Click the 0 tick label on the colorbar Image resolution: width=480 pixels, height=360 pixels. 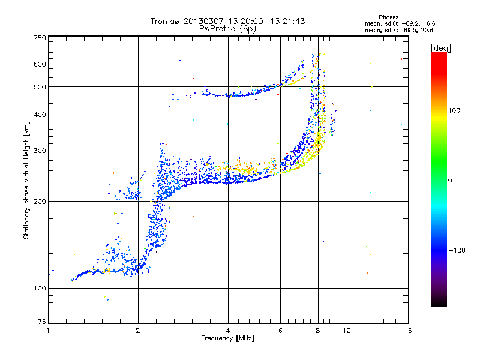coord(451,180)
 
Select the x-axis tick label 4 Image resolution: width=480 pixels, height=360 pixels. coord(228,331)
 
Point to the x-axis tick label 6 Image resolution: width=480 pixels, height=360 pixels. coord(280,331)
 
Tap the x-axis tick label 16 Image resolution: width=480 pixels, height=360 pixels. coord(407,331)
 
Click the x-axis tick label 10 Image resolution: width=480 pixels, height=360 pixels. coord(346,331)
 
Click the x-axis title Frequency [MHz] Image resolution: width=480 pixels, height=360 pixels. coord(227,338)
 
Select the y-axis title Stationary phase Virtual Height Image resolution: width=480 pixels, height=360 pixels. coord(26,180)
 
